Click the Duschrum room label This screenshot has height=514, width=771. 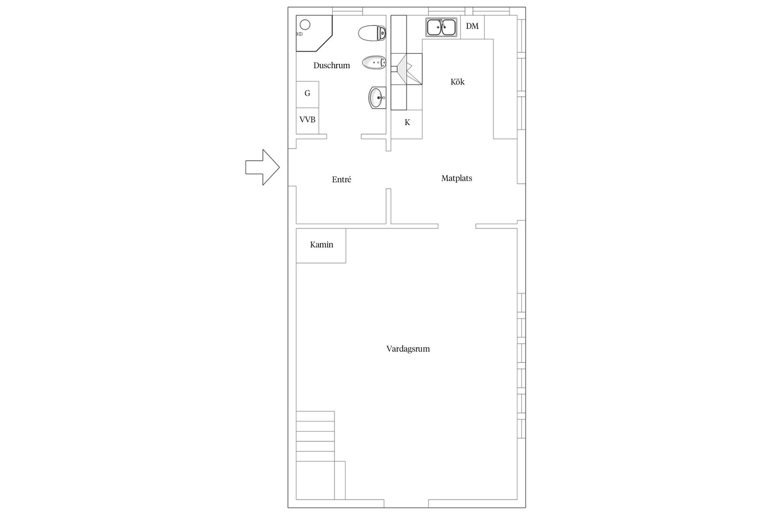tap(332, 65)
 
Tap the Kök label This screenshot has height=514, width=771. tap(457, 82)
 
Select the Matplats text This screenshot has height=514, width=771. tap(457, 178)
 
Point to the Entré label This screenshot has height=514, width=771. tap(341, 179)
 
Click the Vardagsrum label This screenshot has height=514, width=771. tap(408, 349)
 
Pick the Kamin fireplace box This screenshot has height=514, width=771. tap(321, 246)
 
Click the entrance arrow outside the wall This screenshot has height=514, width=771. tap(262, 167)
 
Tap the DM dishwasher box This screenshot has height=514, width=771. tap(472, 27)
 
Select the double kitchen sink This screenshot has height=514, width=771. tap(441, 27)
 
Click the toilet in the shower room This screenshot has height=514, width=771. tap(372, 33)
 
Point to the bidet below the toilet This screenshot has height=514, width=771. tap(374, 63)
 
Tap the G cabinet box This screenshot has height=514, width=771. tap(307, 94)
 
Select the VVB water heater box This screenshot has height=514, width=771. tap(307, 121)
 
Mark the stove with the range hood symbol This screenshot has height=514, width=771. tap(406, 69)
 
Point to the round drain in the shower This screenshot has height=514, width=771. tap(305, 25)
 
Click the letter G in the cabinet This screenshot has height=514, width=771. tap(307, 93)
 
